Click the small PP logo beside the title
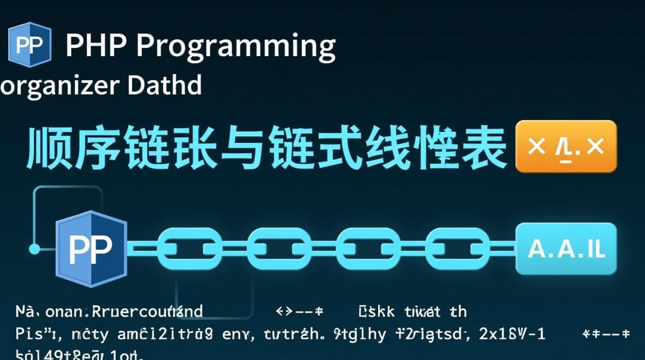coord(29,45)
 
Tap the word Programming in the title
coord(236,47)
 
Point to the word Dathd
coord(165,85)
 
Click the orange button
coord(565,147)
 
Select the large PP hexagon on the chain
coord(91,249)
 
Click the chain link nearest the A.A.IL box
coord(458,249)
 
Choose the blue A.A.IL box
coord(566,249)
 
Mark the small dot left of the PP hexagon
coord(35,249)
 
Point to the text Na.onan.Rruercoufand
coord(109,312)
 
